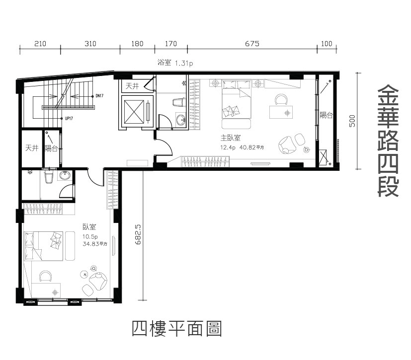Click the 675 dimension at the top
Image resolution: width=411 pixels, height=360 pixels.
tap(252, 44)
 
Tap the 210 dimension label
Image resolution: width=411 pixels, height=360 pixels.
tap(40, 44)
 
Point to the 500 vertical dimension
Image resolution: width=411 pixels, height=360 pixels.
tap(352, 121)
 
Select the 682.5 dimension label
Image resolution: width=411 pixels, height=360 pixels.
tap(138, 234)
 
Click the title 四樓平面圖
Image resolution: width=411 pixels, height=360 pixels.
tap(176, 329)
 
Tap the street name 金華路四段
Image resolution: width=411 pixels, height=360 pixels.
tap(388, 141)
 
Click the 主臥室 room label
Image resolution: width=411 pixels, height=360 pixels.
tap(231, 138)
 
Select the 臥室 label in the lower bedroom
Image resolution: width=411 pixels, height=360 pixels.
tap(89, 227)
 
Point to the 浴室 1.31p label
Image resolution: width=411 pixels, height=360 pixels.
tap(175, 63)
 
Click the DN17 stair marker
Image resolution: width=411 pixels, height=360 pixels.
tap(99, 96)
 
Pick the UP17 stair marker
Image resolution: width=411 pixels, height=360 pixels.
tap(69, 118)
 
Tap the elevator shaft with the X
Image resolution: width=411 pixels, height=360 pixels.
tap(134, 112)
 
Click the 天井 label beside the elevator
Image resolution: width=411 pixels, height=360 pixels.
tap(132, 86)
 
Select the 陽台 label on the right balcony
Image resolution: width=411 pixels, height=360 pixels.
tap(326, 115)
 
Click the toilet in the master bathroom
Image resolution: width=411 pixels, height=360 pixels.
tap(178, 102)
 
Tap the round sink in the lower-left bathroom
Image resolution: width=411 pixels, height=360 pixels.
tap(65, 175)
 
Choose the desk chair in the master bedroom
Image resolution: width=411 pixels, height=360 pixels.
tap(281, 99)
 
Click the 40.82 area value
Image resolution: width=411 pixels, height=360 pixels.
tap(247, 147)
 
